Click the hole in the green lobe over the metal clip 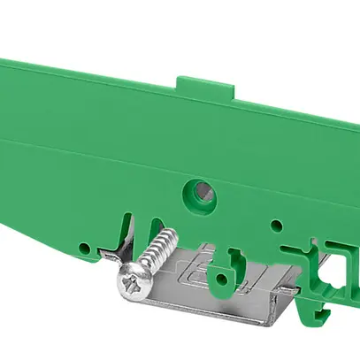tap(234, 262)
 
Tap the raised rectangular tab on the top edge tap(205, 86)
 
